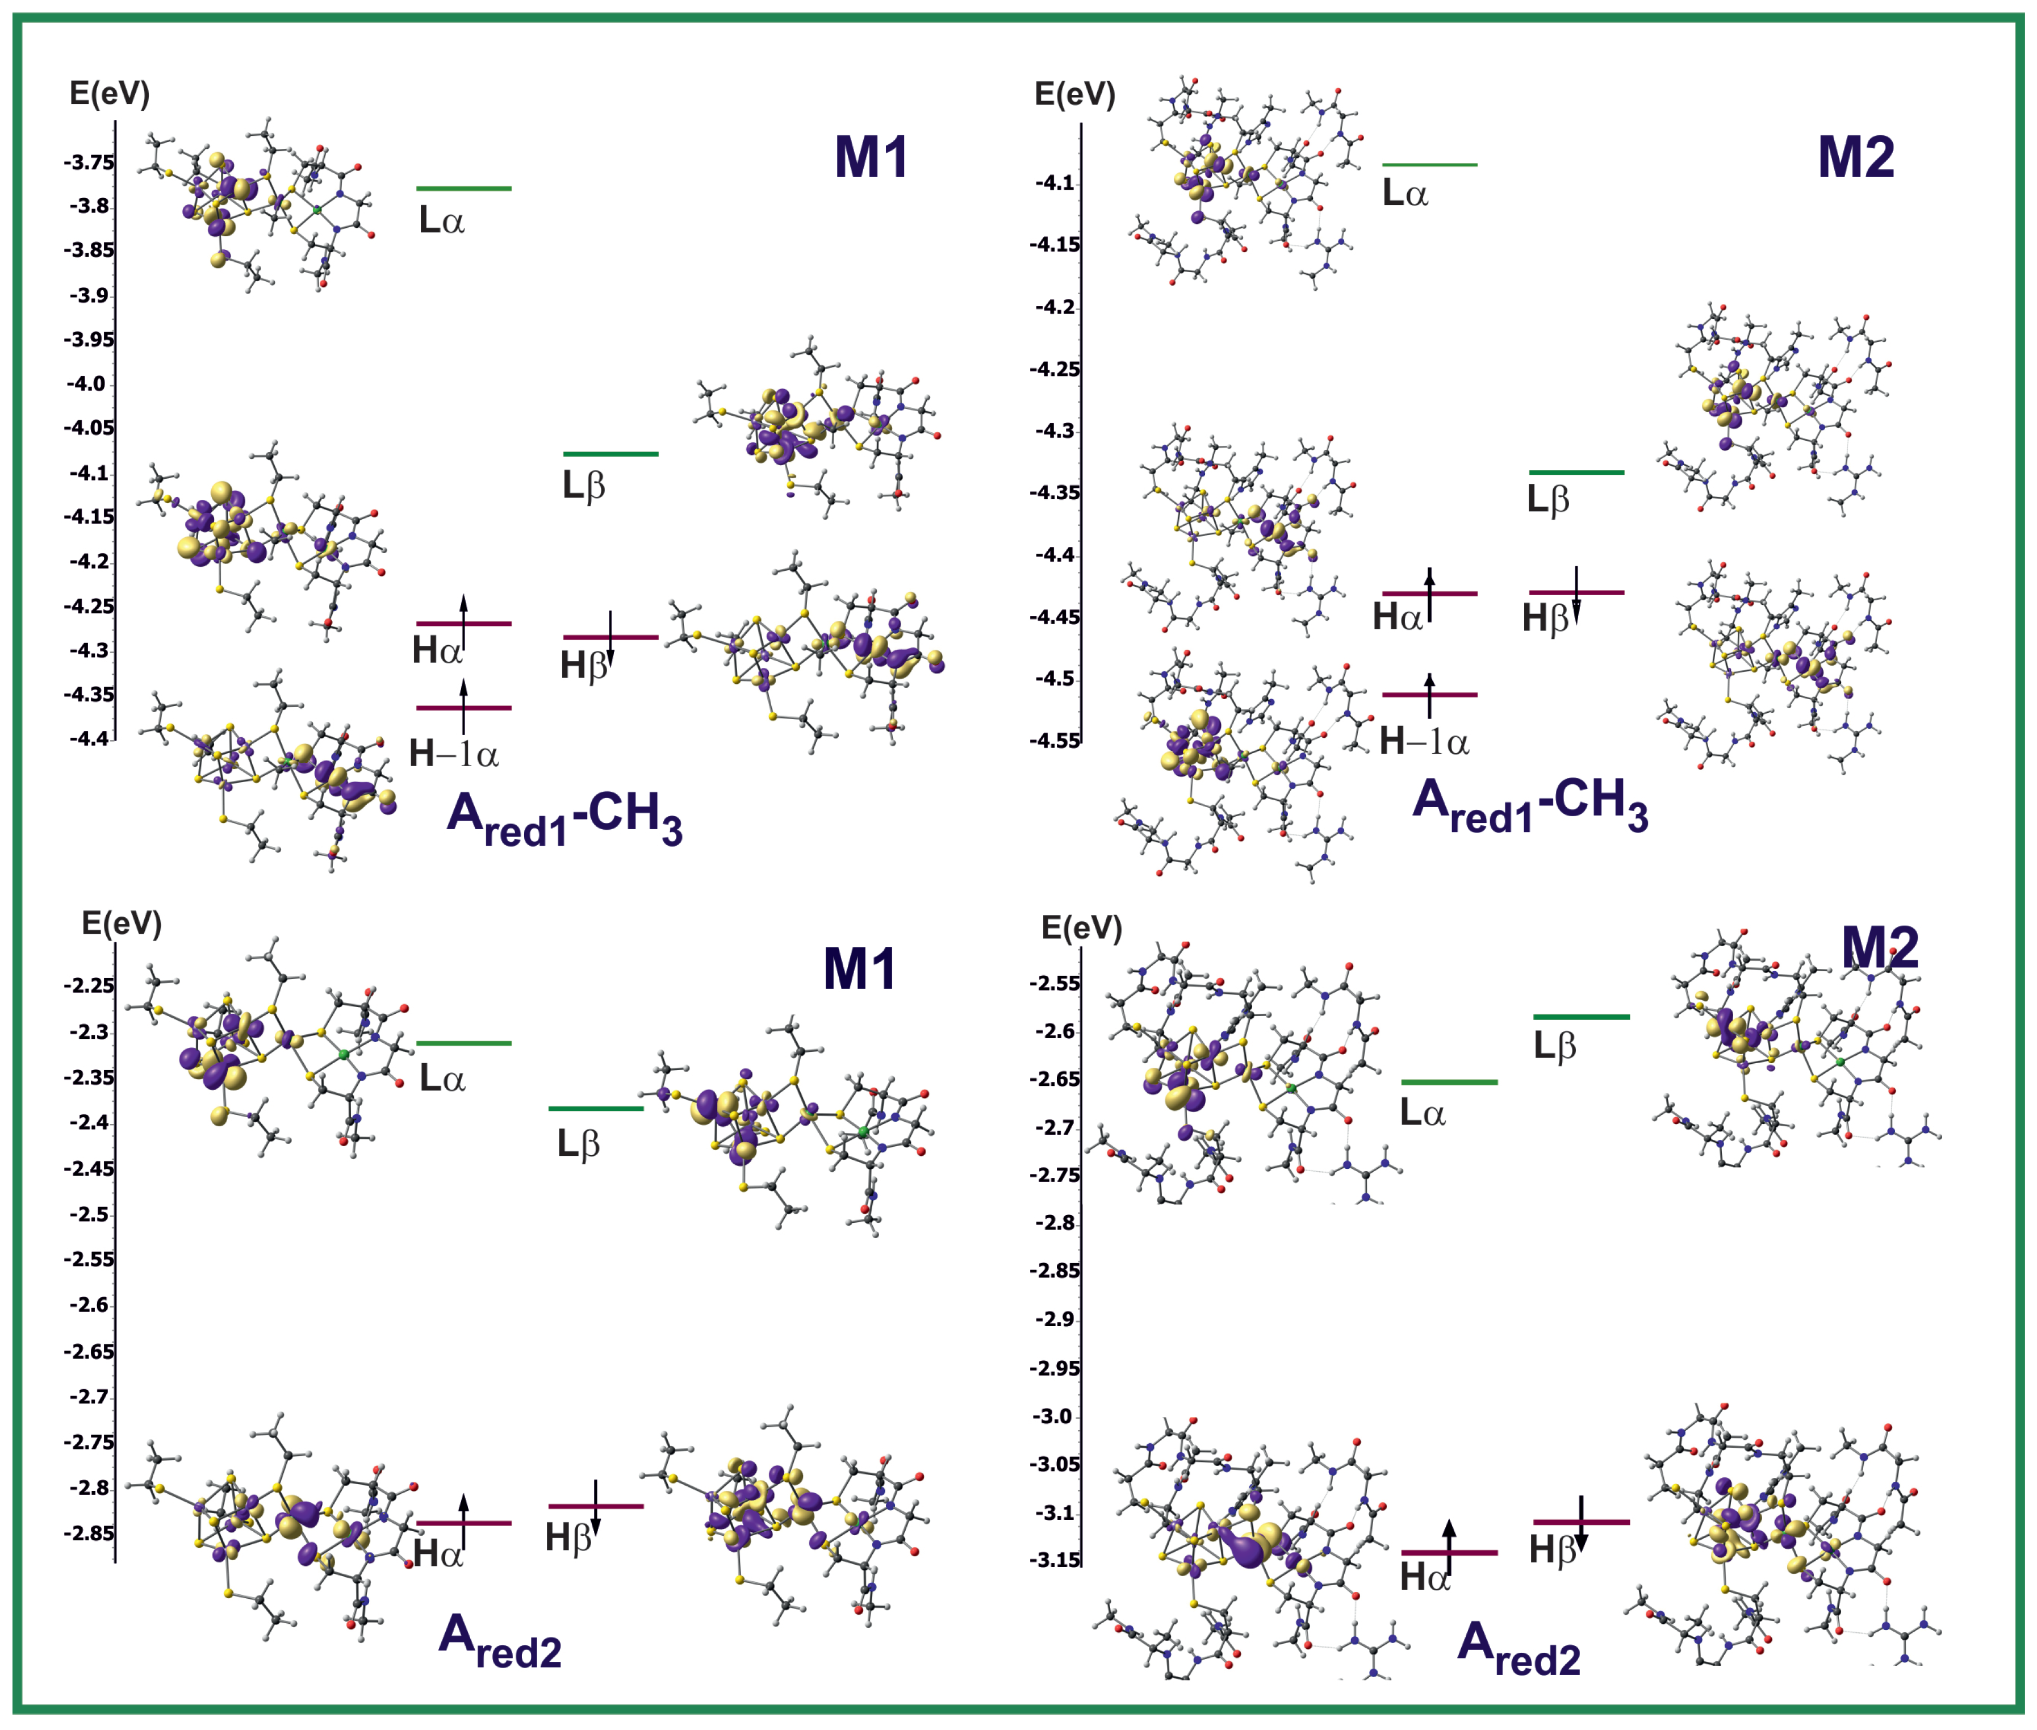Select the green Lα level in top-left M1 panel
click(x=463, y=189)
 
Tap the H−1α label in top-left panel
click(x=453, y=753)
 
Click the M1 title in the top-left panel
click(x=871, y=157)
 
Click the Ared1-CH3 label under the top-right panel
click(x=1530, y=805)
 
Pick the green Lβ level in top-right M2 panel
click(x=1575, y=473)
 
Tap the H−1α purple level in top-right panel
click(x=1429, y=695)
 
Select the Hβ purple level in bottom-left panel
click(x=595, y=1506)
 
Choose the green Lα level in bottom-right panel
click(x=1449, y=1082)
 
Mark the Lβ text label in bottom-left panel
click(x=578, y=1143)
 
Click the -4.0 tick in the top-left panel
click(x=86, y=383)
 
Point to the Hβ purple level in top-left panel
click(x=610, y=637)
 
